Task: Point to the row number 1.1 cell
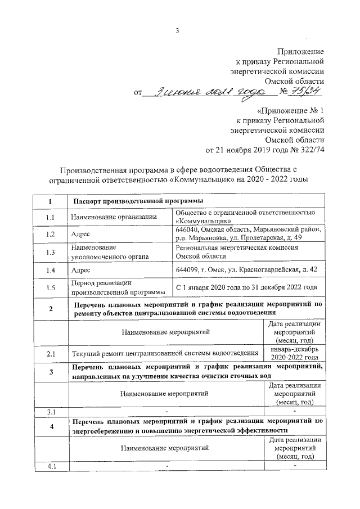[51, 217]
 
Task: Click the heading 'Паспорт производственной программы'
[138, 201]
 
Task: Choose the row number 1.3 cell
[51, 252]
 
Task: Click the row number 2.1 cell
[51, 353]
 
